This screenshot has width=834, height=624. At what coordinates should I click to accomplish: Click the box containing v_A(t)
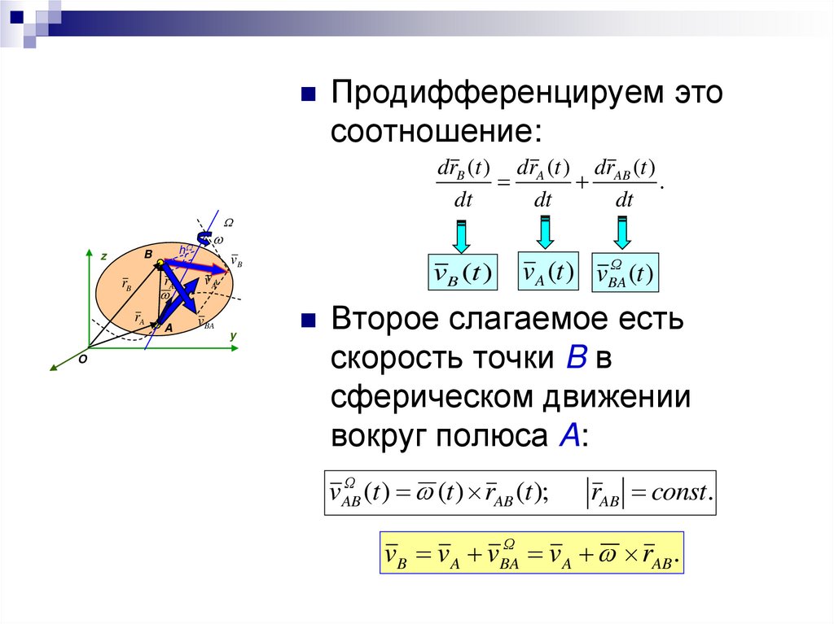(x=548, y=272)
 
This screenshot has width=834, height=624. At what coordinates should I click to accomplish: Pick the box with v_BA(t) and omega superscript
(x=625, y=274)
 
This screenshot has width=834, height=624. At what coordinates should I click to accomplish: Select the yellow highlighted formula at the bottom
(x=531, y=555)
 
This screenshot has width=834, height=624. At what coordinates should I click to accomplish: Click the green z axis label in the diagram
(x=104, y=256)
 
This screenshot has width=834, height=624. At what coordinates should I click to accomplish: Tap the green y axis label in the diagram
(x=232, y=335)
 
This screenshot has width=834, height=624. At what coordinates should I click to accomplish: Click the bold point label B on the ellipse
(x=148, y=255)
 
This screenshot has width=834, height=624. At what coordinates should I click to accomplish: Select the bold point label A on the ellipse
(x=169, y=328)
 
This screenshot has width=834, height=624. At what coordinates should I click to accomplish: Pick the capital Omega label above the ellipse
(x=229, y=223)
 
